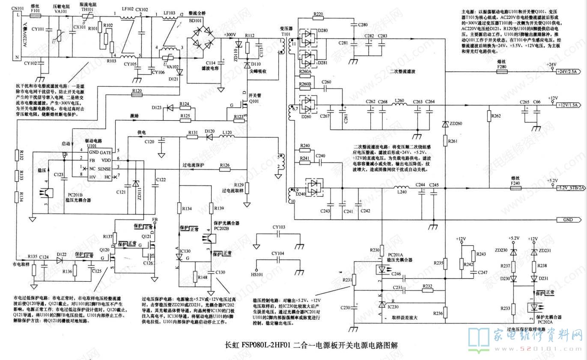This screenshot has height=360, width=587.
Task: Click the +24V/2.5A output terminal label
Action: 569,71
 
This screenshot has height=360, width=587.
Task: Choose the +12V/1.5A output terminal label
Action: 569,105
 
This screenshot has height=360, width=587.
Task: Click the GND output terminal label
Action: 569,220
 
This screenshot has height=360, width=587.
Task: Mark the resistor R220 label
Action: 318,14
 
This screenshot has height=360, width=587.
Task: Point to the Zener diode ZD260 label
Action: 455,124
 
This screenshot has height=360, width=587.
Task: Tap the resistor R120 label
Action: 137,91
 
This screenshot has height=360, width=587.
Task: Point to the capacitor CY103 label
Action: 278,227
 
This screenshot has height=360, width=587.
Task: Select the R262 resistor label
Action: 496,116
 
